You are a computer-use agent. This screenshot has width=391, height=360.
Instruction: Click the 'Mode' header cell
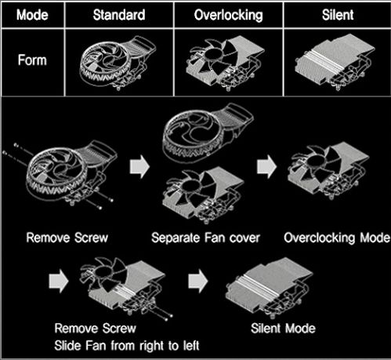32,15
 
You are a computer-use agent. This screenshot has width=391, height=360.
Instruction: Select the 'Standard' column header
119,15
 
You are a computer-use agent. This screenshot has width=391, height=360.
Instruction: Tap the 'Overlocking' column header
229,15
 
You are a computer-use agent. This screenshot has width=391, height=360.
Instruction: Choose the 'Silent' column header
338,15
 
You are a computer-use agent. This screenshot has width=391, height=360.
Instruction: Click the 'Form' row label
32,60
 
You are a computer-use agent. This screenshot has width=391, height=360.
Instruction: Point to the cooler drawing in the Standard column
118,63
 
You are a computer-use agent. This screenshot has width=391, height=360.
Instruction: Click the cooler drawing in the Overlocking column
225,64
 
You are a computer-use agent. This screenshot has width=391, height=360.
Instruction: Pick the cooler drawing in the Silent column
335,62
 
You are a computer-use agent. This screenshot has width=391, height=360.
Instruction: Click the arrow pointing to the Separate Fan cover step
139,166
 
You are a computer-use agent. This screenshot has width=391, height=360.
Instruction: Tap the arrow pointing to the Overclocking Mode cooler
266,166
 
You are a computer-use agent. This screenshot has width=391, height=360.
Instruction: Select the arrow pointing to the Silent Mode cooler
198,281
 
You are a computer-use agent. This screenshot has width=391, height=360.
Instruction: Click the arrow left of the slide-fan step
59,281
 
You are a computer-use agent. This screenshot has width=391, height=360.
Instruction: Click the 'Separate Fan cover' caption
205,238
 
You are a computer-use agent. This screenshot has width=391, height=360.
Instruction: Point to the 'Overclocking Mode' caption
337,238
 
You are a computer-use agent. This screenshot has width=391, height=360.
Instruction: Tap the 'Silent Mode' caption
283,329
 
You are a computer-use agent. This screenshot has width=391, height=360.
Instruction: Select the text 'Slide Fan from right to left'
127,346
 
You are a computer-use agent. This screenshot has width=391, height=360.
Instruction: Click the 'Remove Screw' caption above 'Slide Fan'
96,329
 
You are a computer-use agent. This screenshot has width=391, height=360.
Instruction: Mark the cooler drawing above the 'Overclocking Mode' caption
328,171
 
